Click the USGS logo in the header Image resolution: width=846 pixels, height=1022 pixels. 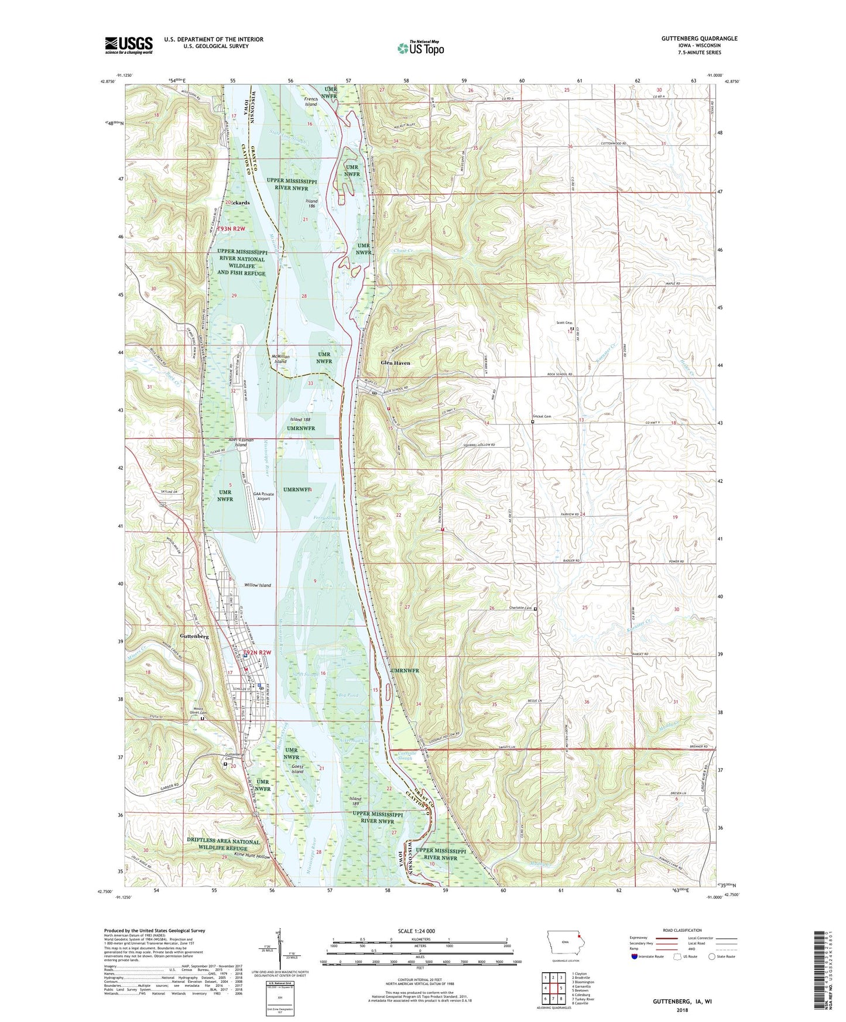(x=128, y=45)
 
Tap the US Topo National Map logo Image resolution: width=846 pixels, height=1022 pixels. (x=421, y=48)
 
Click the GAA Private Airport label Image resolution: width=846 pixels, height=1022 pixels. (x=263, y=496)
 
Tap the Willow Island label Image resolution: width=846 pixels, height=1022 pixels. (x=258, y=585)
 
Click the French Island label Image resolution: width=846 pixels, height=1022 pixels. (x=311, y=102)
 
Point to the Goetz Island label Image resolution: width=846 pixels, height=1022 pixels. (x=297, y=769)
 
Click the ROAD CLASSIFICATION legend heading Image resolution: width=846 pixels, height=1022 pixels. (x=682, y=930)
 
